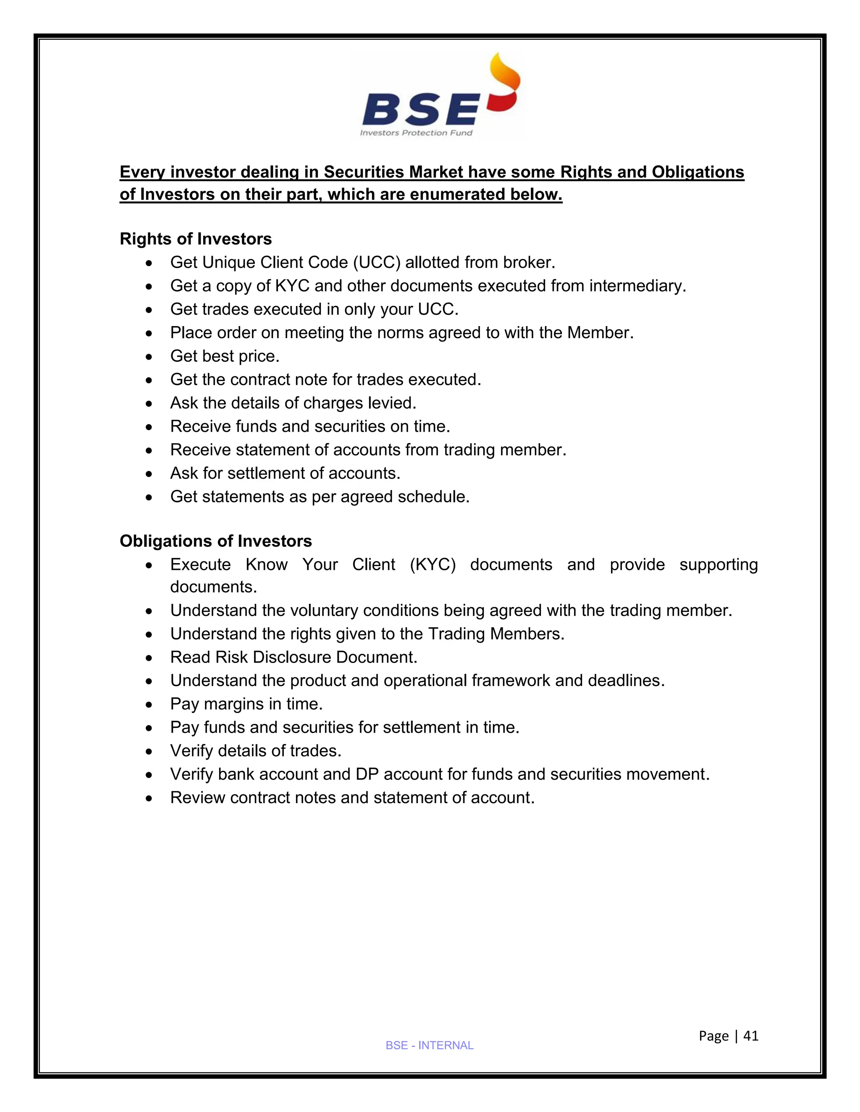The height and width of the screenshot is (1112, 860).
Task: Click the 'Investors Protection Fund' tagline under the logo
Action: pyautogui.click(x=416, y=133)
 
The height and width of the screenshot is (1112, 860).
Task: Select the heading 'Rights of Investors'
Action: pyautogui.click(x=196, y=239)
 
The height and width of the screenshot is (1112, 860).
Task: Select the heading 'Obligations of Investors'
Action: pyautogui.click(x=215, y=541)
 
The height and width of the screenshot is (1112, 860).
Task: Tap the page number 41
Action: pyautogui.click(x=751, y=1036)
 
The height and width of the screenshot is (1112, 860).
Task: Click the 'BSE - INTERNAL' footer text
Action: pyautogui.click(x=430, y=1045)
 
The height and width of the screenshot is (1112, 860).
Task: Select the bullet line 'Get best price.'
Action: pyautogui.click(x=225, y=356)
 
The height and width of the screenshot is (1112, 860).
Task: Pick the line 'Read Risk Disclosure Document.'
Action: pyautogui.click(x=294, y=657)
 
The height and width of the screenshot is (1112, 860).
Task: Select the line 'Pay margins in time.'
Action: pyautogui.click(x=246, y=704)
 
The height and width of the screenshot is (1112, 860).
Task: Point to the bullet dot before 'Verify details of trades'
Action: pyautogui.click(x=148, y=752)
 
